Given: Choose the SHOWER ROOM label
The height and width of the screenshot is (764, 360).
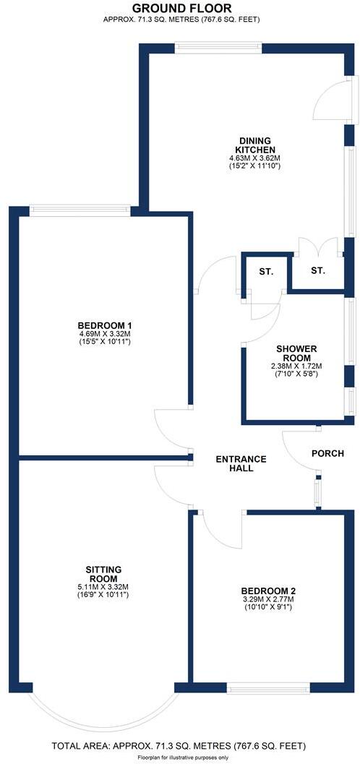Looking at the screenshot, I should click(x=296, y=353).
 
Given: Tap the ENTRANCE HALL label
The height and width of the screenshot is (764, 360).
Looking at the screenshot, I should click(x=241, y=463).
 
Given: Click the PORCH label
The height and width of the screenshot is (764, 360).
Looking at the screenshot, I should click(x=327, y=453).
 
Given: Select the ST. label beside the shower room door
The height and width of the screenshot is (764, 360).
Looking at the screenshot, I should click(x=265, y=272).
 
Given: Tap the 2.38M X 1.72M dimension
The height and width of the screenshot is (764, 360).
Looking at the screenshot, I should click(x=296, y=366).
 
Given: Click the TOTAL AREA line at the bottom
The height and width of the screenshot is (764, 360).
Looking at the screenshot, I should click(x=179, y=745).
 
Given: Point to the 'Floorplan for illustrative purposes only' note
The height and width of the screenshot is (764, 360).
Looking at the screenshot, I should click(x=179, y=757).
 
